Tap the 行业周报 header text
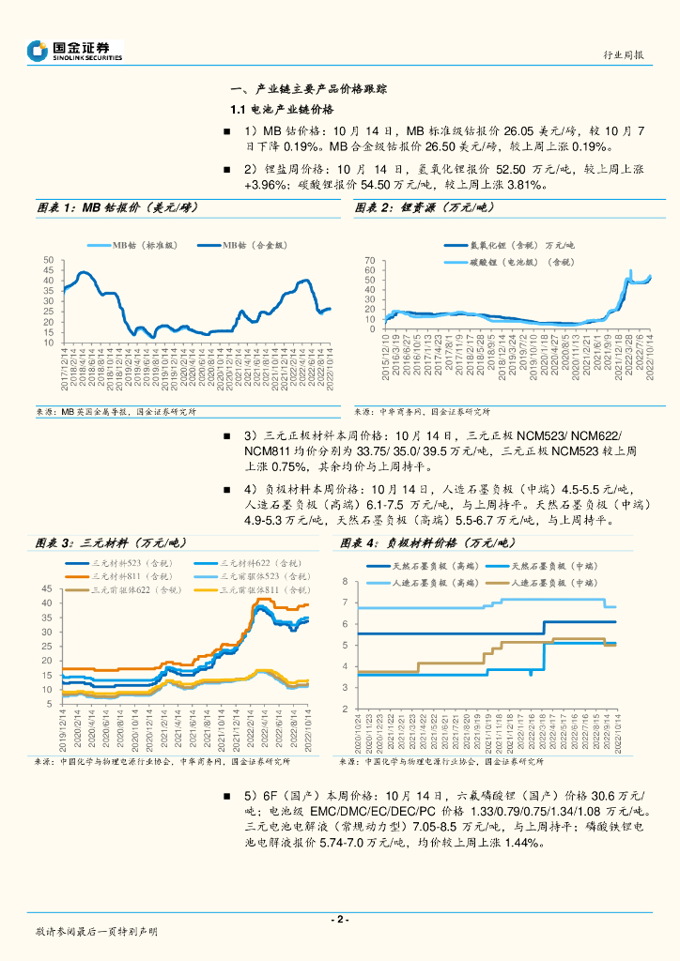623,55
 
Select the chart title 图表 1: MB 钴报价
116,207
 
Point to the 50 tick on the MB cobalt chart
47,260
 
